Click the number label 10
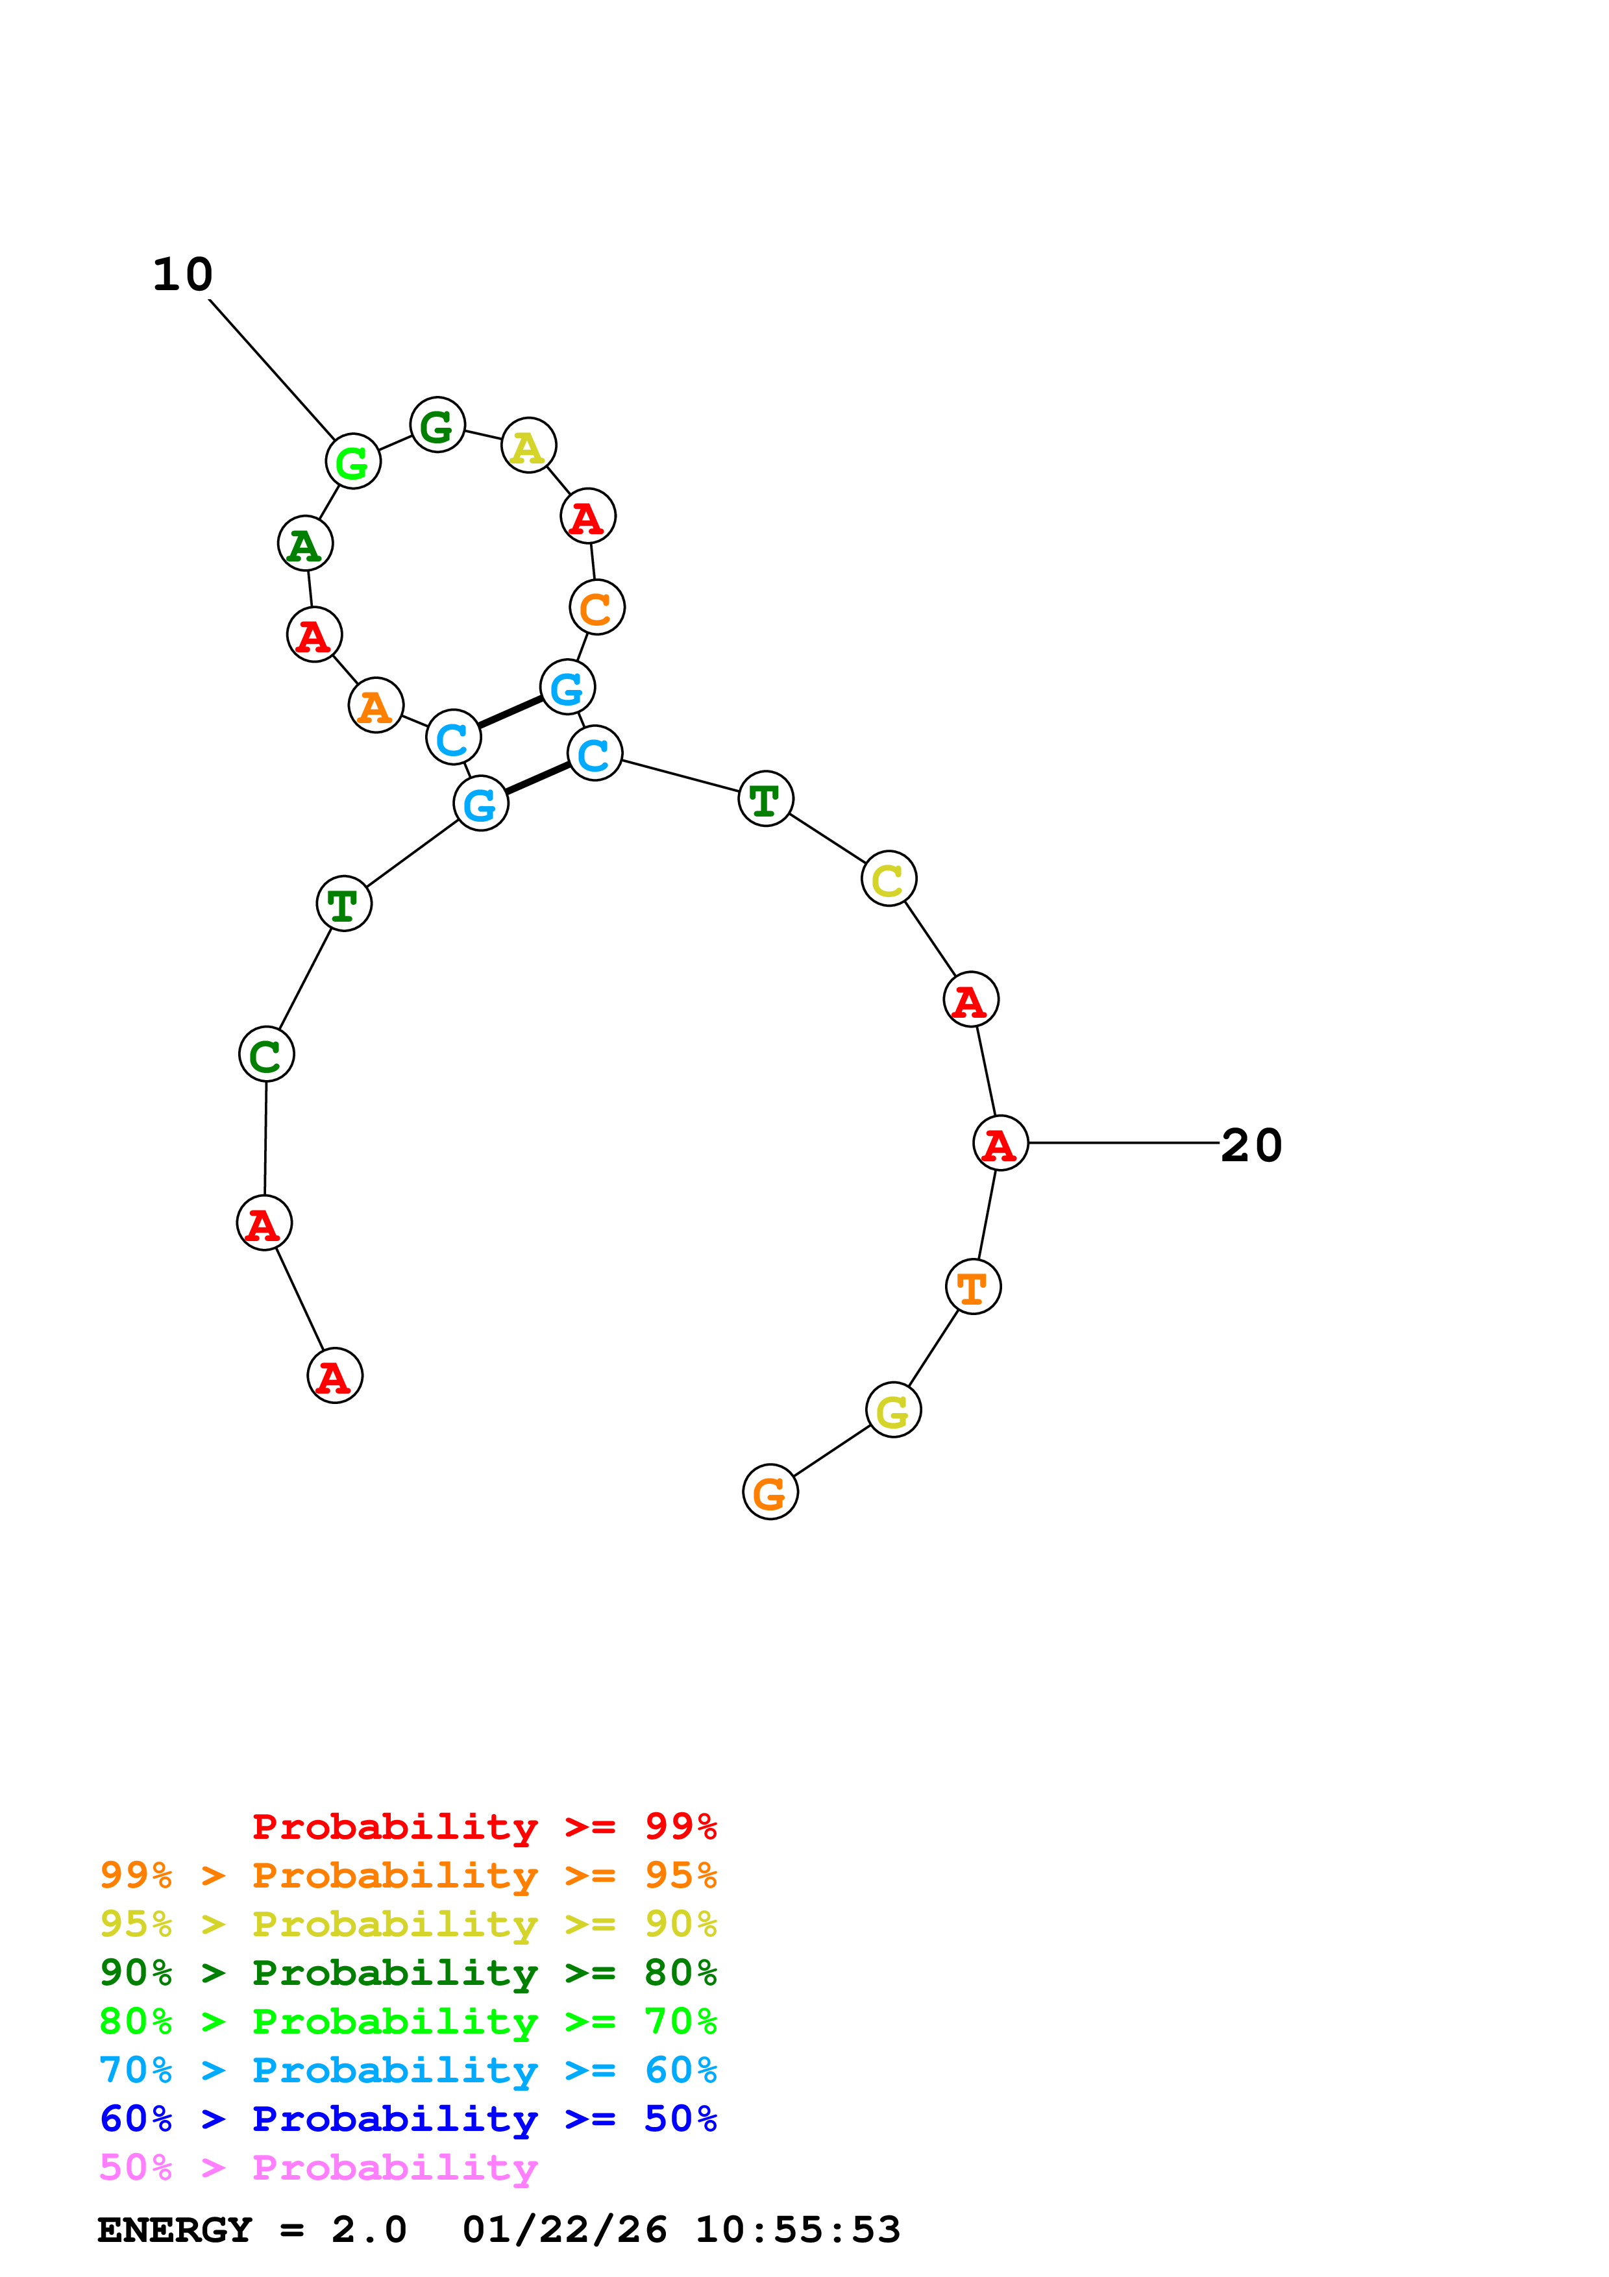tap(182, 275)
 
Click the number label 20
tap(1251, 1146)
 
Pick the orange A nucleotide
tap(376, 706)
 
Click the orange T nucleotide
tap(972, 1287)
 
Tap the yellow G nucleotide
tap(893, 1410)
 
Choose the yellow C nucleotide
tap(889, 879)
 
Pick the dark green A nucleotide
tap(305, 545)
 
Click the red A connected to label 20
tap(1000, 1144)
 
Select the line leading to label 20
tap(1124, 1144)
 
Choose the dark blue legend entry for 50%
tap(408, 2119)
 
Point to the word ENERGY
tap(175, 2230)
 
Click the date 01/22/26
tap(564, 2230)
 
